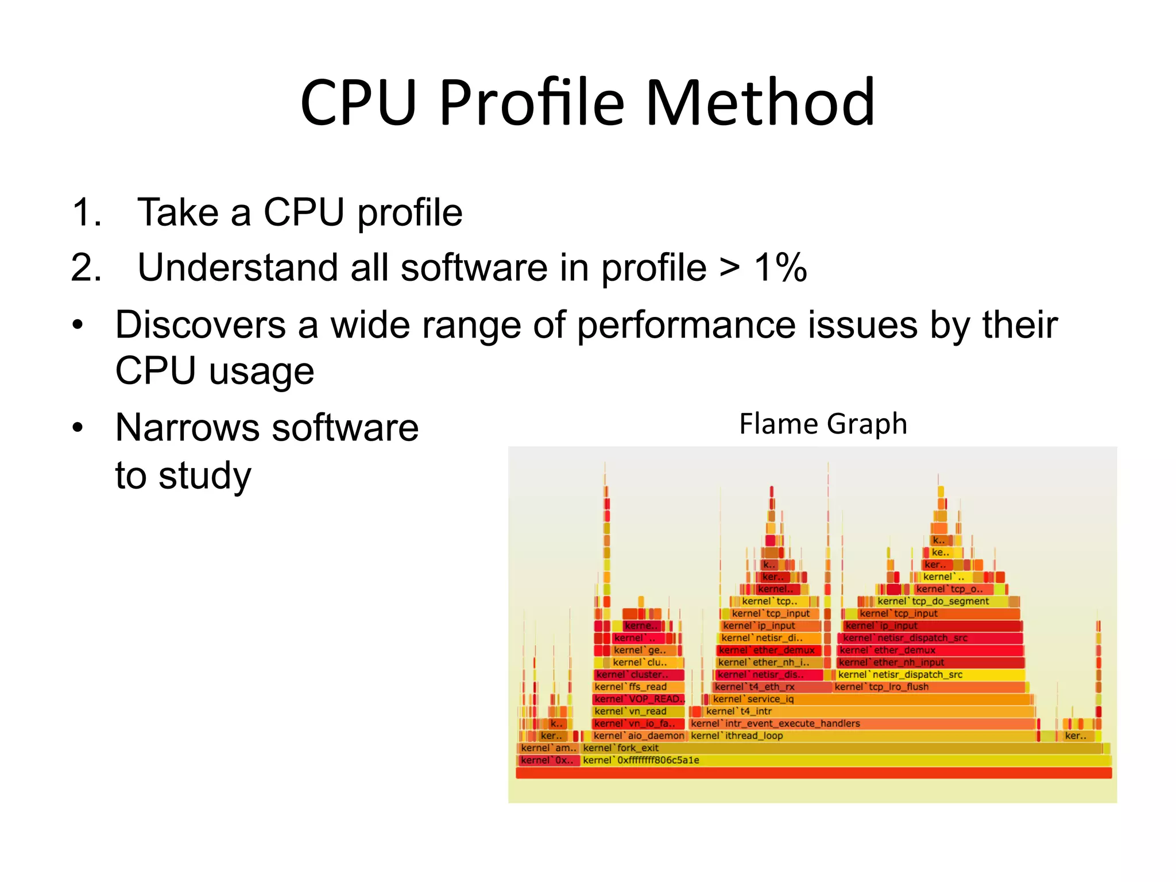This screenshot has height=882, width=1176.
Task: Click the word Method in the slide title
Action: (760, 103)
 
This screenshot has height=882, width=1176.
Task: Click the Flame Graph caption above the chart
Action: (823, 424)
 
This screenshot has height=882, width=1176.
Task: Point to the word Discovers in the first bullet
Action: (200, 325)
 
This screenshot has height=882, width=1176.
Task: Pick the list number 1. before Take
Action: (87, 212)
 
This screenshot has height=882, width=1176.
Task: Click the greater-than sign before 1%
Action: (730, 269)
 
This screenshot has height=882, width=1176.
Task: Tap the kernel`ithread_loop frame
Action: (737, 736)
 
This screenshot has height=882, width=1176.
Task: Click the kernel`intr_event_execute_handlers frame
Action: (775, 724)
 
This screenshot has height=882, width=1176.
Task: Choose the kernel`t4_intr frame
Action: (739, 711)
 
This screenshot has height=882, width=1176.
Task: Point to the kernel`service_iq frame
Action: (753, 699)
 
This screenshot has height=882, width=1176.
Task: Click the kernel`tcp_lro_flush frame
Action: (881, 687)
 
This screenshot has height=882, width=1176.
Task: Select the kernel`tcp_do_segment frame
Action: (933, 601)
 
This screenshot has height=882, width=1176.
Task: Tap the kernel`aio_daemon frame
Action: (639, 736)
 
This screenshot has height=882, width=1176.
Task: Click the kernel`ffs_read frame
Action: (630, 687)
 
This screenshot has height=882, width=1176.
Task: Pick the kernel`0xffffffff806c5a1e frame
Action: (641, 760)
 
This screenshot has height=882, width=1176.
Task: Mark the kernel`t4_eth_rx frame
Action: (755, 687)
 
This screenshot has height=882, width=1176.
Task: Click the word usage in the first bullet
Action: (262, 372)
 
